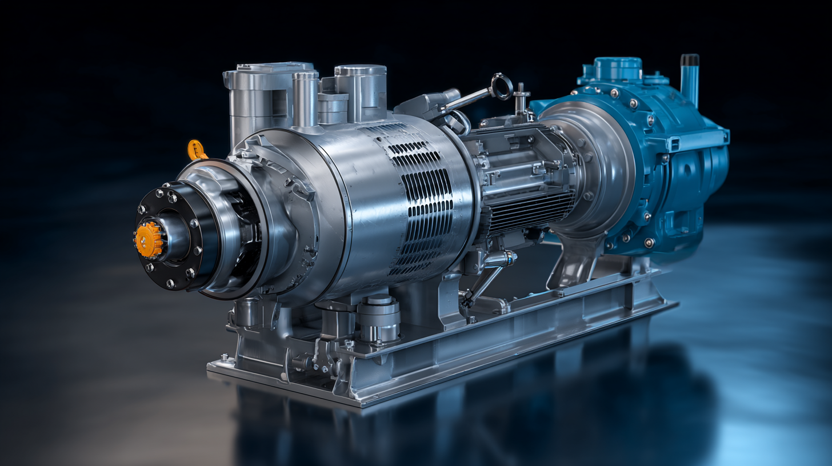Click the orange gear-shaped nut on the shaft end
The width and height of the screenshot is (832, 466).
click(149, 239)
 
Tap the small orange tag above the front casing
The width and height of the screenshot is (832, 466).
click(196, 150)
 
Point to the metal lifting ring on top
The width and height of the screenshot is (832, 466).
click(502, 86)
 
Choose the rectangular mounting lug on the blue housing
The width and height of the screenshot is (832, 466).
click(714, 137)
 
